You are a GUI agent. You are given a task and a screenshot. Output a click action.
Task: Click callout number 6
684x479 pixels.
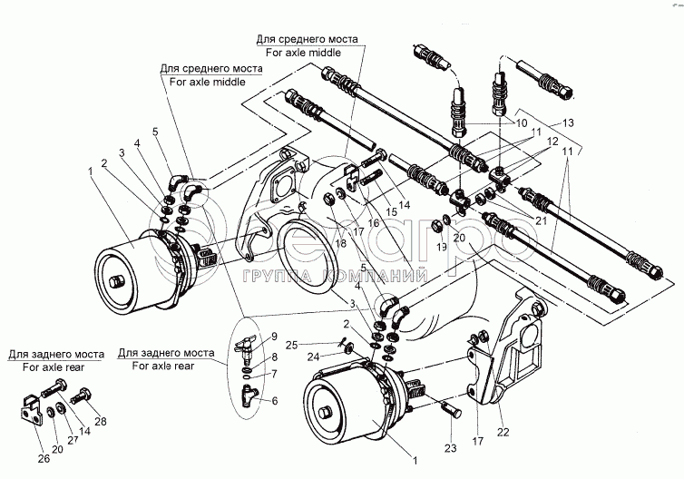pos(276,401)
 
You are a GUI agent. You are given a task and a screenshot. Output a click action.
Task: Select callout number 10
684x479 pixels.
pos(521,122)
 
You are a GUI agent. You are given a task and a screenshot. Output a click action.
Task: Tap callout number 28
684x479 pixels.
pos(101,420)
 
